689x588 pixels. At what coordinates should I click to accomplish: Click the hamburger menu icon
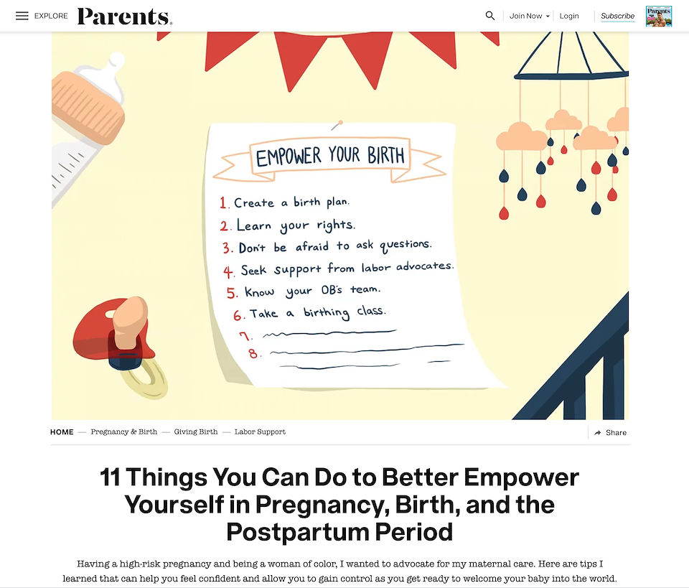pyautogui.click(x=22, y=16)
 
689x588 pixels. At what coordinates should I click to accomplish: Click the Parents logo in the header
pyautogui.click(x=125, y=17)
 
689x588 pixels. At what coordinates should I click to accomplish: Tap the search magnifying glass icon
pyautogui.click(x=490, y=16)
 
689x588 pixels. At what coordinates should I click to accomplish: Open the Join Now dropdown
pyautogui.click(x=530, y=16)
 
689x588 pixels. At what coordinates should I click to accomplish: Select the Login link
pyautogui.click(x=569, y=16)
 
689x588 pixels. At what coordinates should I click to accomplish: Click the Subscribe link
pyautogui.click(x=617, y=16)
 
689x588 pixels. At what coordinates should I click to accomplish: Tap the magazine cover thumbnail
pyautogui.click(x=659, y=17)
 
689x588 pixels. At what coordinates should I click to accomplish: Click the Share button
pyautogui.click(x=610, y=432)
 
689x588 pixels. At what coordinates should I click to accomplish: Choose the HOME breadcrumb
pyautogui.click(x=62, y=432)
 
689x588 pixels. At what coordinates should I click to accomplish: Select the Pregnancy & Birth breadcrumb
pyautogui.click(x=124, y=431)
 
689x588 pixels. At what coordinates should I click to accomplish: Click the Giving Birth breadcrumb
pyautogui.click(x=195, y=431)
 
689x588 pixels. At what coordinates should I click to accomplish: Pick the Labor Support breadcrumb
pyautogui.click(x=260, y=431)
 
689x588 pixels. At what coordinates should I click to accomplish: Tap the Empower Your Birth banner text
pyautogui.click(x=330, y=156)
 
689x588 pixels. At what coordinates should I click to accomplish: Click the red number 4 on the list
pyautogui.click(x=228, y=271)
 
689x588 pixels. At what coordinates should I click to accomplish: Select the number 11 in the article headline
pyautogui.click(x=110, y=477)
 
